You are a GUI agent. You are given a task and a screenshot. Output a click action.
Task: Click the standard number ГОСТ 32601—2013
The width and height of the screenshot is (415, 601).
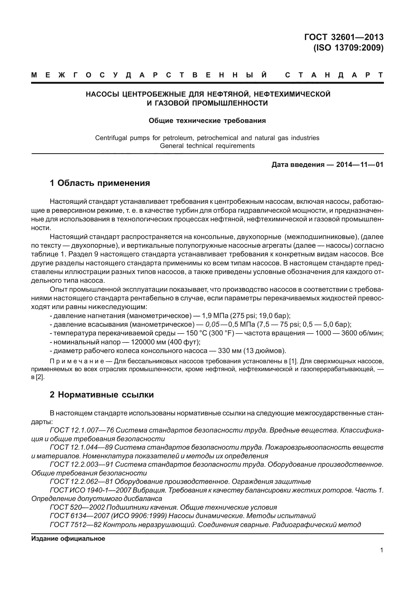(x=344, y=37)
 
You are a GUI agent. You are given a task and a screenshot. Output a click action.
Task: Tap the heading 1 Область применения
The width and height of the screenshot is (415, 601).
(x=100, y=183)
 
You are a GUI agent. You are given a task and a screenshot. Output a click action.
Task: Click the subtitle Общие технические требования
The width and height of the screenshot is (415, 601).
(x=207, y=121)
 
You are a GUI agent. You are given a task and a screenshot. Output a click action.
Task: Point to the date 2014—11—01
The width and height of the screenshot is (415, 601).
(x=360, y=165)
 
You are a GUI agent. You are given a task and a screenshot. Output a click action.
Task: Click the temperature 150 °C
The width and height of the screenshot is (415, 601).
(x=197, y=333)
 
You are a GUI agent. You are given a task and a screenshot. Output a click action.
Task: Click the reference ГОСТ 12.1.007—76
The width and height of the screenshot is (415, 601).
(x=81, y=430)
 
